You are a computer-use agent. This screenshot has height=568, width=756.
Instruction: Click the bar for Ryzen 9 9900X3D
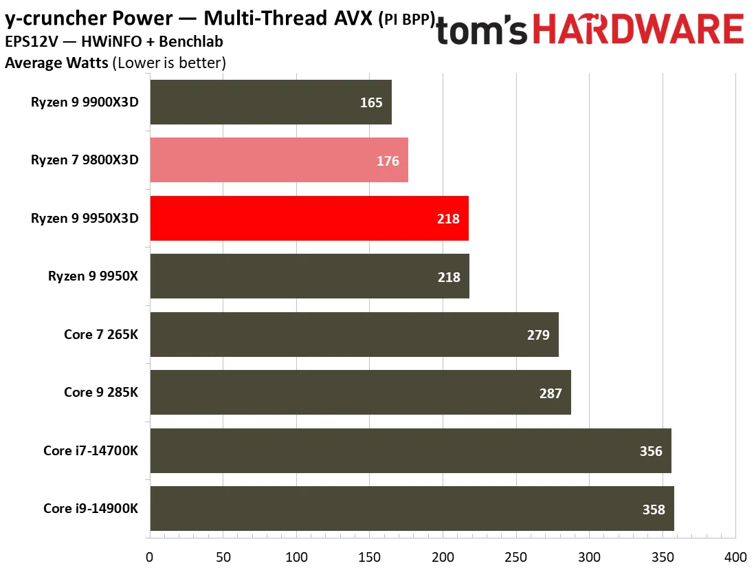click(271, 102)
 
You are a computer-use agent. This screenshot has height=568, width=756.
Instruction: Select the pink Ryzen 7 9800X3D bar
click(279, 160)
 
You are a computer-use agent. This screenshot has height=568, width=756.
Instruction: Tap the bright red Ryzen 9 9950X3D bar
click(309, 218)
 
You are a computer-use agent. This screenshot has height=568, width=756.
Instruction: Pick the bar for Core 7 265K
click(355, 334)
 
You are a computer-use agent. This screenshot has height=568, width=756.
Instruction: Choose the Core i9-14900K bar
click(412, 509)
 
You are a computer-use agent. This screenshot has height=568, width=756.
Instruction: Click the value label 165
click(371, 102)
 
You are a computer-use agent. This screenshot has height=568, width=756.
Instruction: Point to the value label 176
click(388, 161)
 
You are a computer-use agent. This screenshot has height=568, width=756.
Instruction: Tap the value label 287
click(551, 393)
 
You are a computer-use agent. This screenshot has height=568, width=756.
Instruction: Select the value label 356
click(651, 451)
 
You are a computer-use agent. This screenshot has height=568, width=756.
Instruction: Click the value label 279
click(538, 335)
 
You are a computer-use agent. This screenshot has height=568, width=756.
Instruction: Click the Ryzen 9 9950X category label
click(93, 276)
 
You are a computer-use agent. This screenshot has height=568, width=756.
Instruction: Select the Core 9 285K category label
click(101, 392)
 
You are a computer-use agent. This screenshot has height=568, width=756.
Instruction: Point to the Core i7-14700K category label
click(91, 450)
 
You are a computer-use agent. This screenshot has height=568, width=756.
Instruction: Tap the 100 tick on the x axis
click(296, 557)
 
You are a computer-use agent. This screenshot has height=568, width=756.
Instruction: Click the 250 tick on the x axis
click(516, 557)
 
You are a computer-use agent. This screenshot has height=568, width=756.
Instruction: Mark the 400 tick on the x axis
click(736, 557)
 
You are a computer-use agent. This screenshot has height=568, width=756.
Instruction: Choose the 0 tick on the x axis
click(149, 557)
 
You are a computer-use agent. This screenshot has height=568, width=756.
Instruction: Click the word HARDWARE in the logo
click(638, 29)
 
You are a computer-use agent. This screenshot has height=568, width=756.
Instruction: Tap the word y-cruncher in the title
click(54, 19)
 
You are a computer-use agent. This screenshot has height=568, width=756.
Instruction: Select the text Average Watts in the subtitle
click(56, 63)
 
